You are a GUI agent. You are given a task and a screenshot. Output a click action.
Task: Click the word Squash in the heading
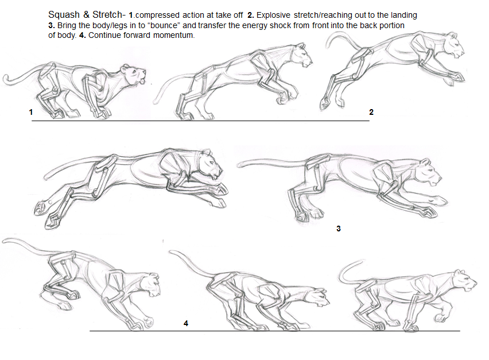click(x=63, y=14)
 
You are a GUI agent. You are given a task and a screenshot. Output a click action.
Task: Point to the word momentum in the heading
click(x=172, y=36)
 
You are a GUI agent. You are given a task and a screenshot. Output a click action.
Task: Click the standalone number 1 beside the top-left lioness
click(x=30, y=113)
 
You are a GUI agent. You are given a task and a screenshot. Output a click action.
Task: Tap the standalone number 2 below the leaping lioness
click(x=371, y=112)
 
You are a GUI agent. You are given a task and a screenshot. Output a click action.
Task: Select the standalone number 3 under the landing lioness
click(x=339, y=229)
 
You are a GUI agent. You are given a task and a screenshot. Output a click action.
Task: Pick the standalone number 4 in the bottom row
click(x=185, y=323)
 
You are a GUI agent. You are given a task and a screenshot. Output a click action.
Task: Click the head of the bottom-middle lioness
click(x=317, y=296)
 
